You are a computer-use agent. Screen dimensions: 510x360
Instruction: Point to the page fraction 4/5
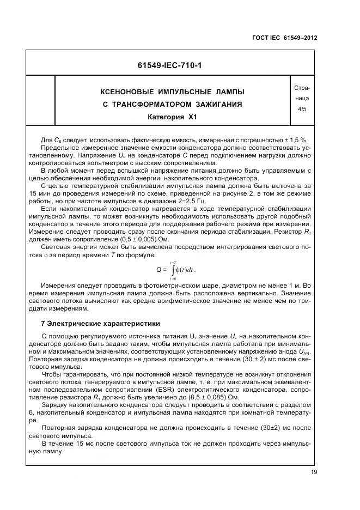click(302, 110)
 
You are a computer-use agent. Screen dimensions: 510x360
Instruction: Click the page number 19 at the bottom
click(314, 472)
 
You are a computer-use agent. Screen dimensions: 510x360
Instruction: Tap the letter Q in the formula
click(158, 269)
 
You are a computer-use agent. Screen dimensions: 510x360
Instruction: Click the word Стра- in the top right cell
click(302, 88)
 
